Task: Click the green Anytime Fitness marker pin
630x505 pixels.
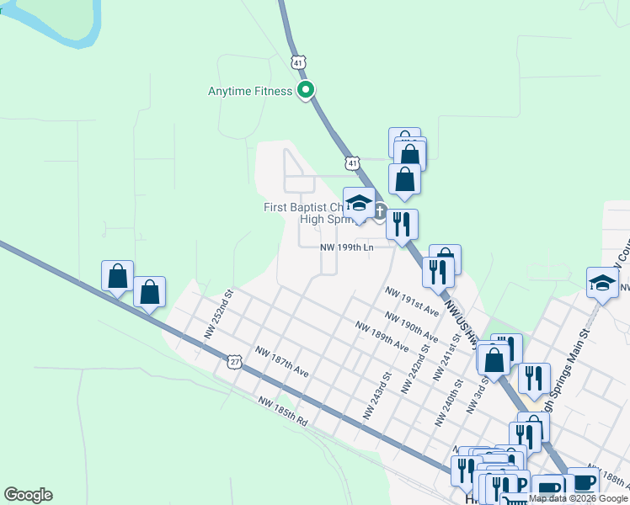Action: tap(307, 90)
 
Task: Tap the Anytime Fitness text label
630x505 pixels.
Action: tap(250, 91)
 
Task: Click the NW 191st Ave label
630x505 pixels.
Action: tap(412, 300)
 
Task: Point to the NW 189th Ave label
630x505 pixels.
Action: tap(382, 335)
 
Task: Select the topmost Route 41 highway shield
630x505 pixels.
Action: tap(298, 61)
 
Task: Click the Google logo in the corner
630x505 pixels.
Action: tap(28, 495)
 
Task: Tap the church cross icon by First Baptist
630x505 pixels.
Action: tap(380, 211)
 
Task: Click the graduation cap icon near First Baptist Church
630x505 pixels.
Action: tap(360, 203)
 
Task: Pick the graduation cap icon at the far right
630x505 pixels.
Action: tap(602, 282)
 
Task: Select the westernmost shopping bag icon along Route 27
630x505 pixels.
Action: tap(117, 275)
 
